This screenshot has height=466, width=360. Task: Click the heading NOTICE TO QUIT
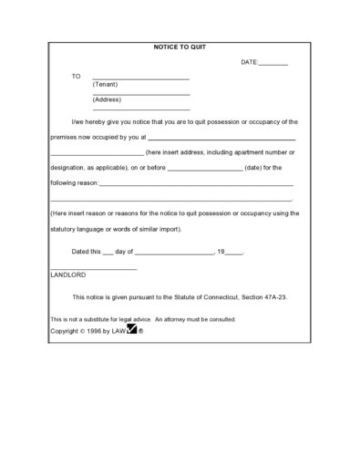click(x=180, y=45)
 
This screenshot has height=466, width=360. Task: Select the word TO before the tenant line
click(x=77, y=77)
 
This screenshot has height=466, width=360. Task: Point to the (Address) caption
click(x=108, y=99)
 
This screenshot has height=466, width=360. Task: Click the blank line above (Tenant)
click(x=141, y=79)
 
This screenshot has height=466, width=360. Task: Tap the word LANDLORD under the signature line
click(x=68, y=274)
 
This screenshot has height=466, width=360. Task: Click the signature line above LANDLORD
click(x=93, y=268)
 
